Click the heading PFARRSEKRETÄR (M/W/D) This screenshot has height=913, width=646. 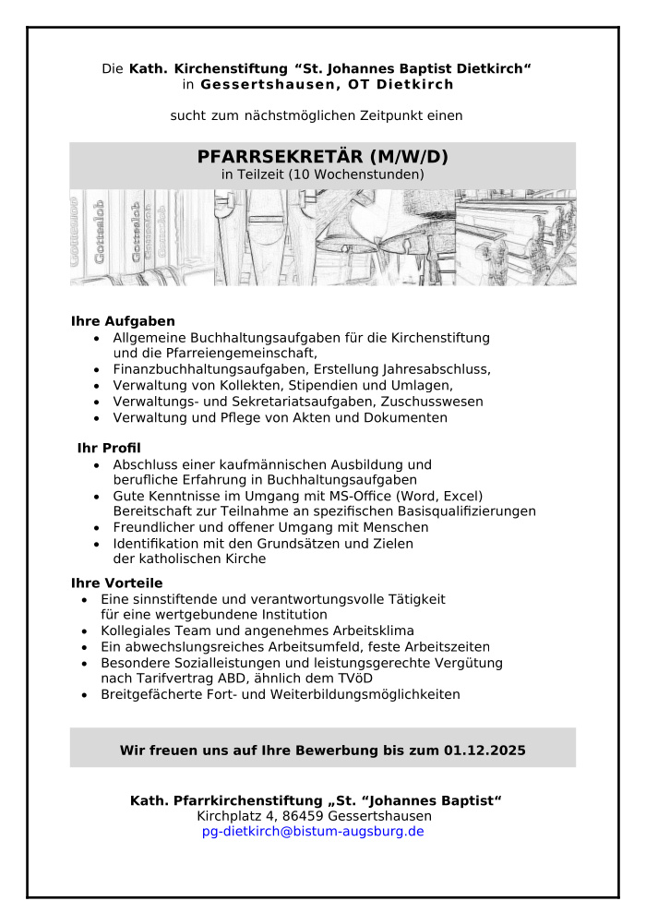tap(322, 156)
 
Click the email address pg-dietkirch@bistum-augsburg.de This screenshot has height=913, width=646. tap(313, 832)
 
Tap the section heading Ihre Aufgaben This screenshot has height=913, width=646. tap(123, 321)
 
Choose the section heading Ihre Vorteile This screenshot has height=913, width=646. tap(116, 583)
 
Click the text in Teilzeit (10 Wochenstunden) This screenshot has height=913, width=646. tap(322, 174)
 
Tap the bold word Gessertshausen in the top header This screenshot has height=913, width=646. tap(259, 85)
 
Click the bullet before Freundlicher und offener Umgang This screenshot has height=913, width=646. tap(98, 528)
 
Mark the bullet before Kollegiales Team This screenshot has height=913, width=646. tap(86, 631)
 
